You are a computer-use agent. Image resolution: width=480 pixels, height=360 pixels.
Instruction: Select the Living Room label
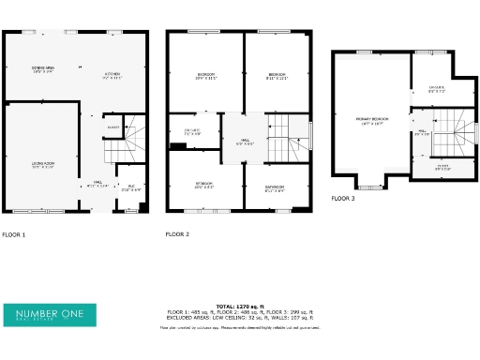[43, 165]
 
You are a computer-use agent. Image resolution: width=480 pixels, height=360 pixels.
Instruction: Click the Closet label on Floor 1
[112, 127]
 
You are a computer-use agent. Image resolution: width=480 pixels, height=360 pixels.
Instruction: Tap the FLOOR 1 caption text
[14, 233]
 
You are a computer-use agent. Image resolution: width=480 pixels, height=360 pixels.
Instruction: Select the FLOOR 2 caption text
[177, 233]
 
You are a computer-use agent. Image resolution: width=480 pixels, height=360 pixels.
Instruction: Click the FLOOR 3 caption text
[343, 199]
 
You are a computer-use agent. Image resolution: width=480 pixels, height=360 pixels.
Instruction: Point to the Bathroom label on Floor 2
[274, 187]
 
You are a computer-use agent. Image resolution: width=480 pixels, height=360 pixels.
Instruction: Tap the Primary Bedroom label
[373, 120]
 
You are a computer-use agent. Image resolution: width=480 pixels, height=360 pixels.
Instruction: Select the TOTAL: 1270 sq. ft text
[239, 306]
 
